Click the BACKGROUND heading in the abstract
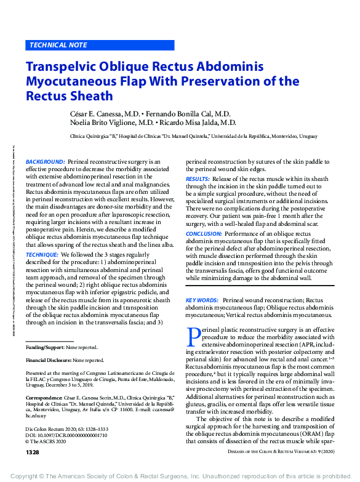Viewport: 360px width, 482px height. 46,161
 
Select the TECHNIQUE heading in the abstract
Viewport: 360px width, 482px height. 43,254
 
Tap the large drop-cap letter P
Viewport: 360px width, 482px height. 193,336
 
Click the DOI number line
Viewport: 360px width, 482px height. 65,434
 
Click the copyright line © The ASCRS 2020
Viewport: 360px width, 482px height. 50,440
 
